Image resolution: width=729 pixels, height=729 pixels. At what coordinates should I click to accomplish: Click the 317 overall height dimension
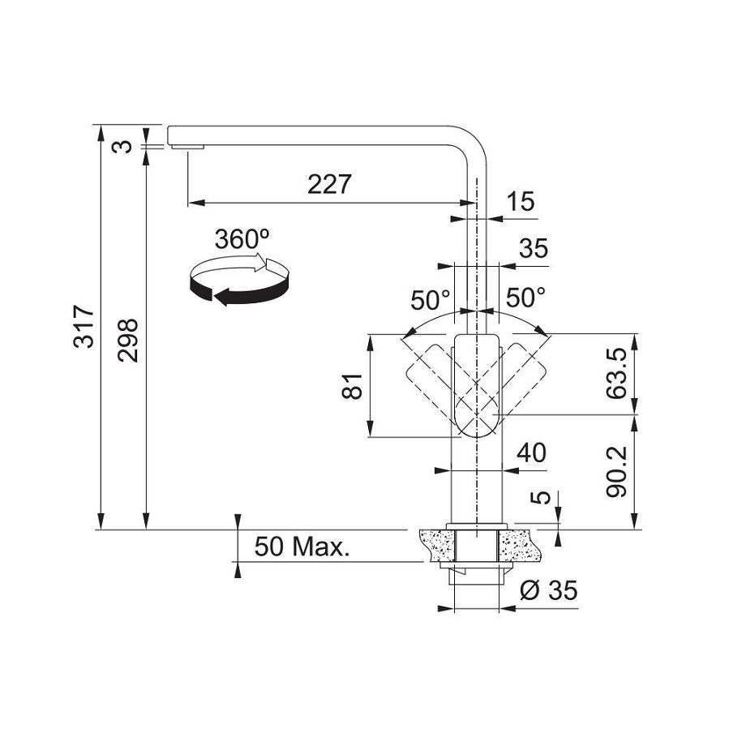pos(84,326)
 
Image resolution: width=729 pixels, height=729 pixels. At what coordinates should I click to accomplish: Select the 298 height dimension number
pos(128,340)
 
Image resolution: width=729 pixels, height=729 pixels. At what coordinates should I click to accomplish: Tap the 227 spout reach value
pos(329,184)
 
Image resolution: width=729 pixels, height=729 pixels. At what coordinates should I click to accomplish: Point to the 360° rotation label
pos(242,239)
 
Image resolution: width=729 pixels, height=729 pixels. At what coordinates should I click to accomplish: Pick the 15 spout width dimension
pos(521,202)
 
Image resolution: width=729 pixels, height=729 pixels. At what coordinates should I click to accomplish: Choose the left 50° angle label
pos(430,300)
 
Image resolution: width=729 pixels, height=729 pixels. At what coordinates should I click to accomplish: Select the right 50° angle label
pos(525,298)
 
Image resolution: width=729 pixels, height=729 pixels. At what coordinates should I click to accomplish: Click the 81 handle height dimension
pos(352,386)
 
